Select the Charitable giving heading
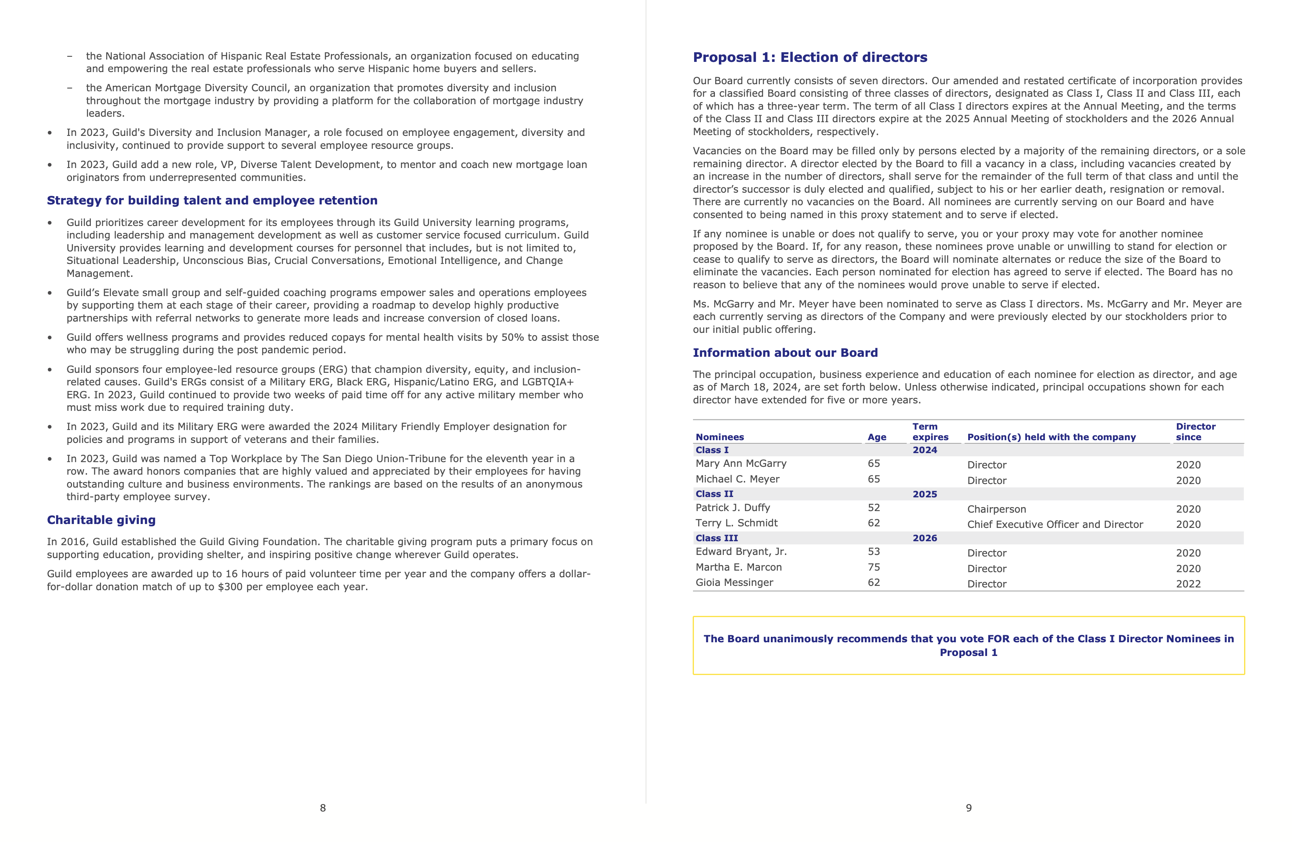[x=101, y=520]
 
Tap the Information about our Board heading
[x=785, y=353]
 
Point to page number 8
[x=323, y=808]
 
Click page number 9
[x=969, y=808]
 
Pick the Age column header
[x=876, y=437]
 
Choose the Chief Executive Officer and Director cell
[x=1055, y=524]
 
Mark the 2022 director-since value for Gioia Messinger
[x=1188, y=584]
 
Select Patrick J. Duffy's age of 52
[x=873, y=508]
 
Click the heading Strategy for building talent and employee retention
[x=212, y=201]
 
